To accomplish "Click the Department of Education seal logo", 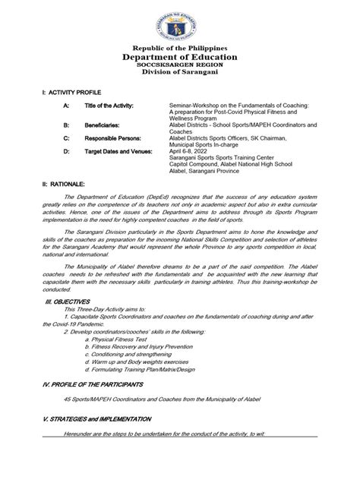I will click(x=181, y=22).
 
